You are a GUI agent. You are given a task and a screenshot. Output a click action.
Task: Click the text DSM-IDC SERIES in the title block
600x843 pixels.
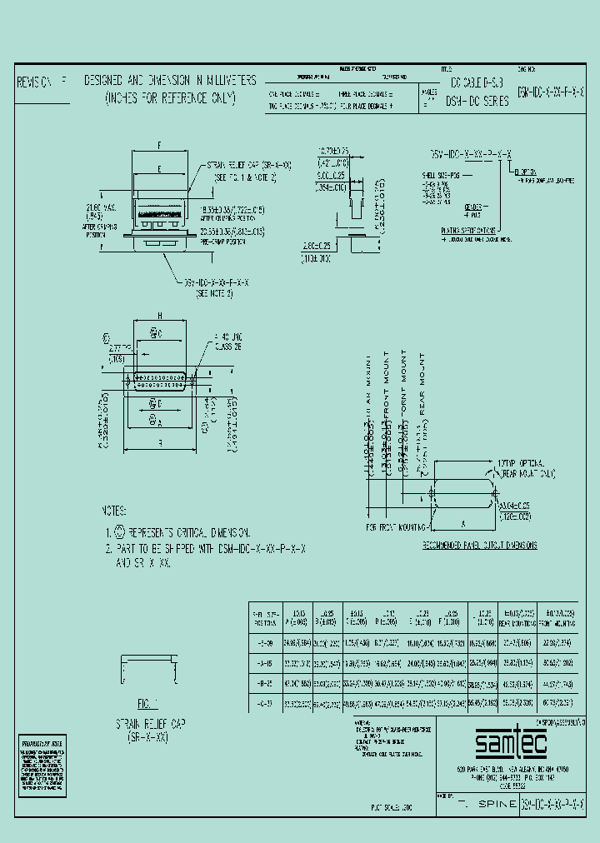point(477,98)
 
